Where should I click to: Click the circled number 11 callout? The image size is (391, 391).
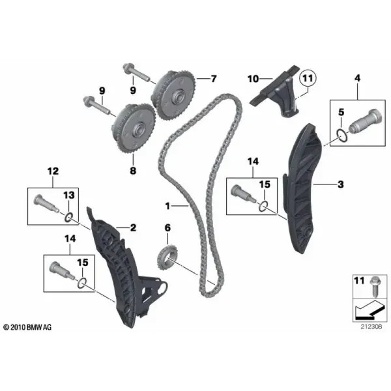(x=308, y=79)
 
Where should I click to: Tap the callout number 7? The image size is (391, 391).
(x=214, y=79)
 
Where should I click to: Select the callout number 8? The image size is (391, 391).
(x=133, y=171)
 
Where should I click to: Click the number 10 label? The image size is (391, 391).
(x=253, y=79)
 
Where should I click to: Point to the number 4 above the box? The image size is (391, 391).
(x=357, y=78)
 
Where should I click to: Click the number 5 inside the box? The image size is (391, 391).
(x=341, y=112)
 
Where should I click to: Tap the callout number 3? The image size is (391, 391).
(x=341, y=184)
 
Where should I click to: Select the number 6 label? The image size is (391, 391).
(x=167, y=227)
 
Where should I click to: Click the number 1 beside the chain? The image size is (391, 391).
(x=167, y=206)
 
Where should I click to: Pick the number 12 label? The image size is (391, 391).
(x=53, y=171)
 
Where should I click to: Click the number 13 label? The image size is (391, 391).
(x=69, y=195)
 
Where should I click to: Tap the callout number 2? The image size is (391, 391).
(x=133, y=227)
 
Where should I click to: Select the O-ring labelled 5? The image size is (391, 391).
(x=341, y=136)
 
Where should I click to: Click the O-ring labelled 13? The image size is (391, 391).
(x=69, y=218)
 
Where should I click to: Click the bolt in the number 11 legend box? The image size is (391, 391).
(x=374, y=287)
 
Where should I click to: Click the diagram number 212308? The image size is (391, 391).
(x=371, y=326)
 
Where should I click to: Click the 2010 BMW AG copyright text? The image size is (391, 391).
(x=27, y=327)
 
